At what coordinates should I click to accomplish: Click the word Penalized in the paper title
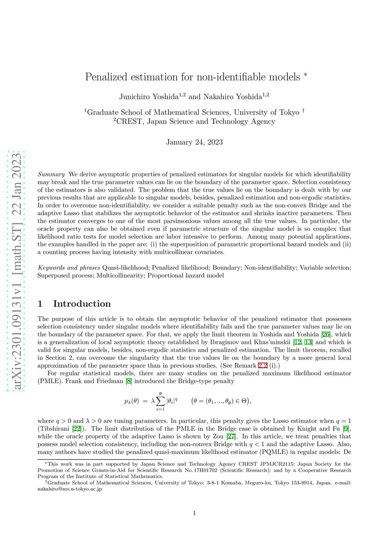(106, 77)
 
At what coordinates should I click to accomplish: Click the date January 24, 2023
(194, 142)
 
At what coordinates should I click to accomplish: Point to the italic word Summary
(51, 174)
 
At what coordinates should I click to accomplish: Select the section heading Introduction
(82, 304)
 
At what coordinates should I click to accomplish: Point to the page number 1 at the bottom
(194, 513)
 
